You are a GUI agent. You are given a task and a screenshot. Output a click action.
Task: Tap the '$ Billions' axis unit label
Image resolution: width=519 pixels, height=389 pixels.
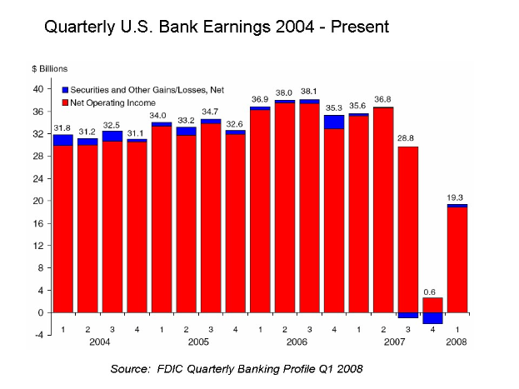tap(49, 68)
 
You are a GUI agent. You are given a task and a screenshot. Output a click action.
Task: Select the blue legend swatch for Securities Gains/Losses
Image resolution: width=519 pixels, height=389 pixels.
tap(65, 89)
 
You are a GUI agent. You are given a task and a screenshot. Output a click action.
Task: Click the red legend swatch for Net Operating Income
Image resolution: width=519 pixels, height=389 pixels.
tap(65, 100)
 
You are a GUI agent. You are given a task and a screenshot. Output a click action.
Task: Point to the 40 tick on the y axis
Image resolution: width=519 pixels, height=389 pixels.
tap(38, 88)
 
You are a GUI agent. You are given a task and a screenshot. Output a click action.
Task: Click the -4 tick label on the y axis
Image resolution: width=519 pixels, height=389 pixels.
tap(38, 335)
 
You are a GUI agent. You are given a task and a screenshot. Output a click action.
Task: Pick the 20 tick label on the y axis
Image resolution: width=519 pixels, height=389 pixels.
tap(38, 201)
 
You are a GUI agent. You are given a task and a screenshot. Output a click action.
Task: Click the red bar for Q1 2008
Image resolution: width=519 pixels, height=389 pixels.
tap(457, 258)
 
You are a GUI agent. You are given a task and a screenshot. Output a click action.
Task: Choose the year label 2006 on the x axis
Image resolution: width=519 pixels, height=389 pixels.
tap(297, 342)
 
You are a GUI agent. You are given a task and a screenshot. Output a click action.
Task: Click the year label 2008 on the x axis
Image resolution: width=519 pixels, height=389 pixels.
tap(457, 342)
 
